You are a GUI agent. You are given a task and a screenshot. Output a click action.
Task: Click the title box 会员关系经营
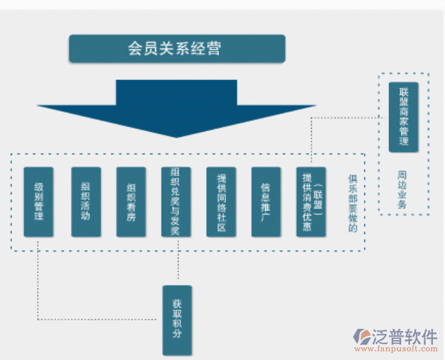click(x=176, y=48)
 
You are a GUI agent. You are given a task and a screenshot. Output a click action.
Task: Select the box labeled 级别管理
click(x=38, y=201)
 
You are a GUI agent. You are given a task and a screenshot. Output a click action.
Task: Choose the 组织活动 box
click(x=85, y=201)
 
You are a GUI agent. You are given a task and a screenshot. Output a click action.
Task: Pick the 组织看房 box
click(x=130, y=201)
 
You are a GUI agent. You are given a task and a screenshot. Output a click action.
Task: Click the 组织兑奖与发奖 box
click(x=176, y=201)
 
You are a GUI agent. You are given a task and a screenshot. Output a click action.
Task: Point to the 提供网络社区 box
click(x=221, y=201)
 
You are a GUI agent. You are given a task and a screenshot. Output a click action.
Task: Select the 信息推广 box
click(x=266, y=201)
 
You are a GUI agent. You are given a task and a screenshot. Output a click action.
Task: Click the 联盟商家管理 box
click(x=403, y=116)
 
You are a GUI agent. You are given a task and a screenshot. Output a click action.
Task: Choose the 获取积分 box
click(x=177, y=320)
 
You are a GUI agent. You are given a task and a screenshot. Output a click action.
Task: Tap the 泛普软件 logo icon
click(x=363, y=336)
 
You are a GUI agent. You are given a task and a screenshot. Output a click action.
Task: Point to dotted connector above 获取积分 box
click(x=177, y=266)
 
